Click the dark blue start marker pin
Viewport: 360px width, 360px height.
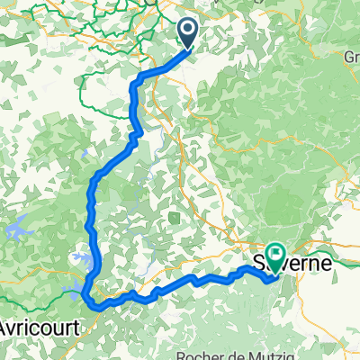pos(190,32)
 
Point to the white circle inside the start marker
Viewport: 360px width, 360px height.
pos(190,31)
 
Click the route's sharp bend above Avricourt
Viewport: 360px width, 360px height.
pos(84,292)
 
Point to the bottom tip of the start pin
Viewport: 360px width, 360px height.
pos(190,47)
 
